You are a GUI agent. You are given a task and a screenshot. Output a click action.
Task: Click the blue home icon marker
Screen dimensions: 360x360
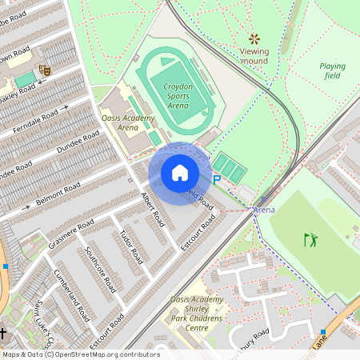click(180, 172)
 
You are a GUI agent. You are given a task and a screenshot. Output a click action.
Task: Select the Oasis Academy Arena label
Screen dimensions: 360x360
click(126, 122)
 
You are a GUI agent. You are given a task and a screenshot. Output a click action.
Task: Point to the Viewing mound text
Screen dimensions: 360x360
click(254, 56)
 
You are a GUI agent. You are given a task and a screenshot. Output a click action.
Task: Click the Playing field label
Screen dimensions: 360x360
click(332, 70)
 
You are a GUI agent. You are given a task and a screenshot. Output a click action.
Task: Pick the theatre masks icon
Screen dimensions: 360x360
click(44, 70)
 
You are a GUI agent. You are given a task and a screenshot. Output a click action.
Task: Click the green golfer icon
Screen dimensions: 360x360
click(310, 238)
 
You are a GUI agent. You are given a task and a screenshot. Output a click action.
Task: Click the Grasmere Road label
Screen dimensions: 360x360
click(70, 231)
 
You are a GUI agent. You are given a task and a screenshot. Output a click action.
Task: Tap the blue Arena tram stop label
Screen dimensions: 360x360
click(264, 210)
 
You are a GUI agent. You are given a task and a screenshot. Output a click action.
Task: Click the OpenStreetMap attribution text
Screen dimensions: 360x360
click(81, 354)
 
